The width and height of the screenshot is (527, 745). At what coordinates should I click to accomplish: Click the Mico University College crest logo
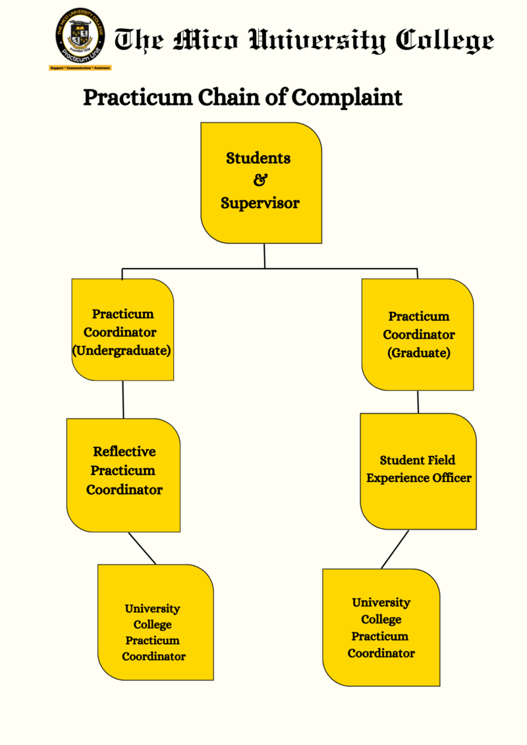pos(79,35)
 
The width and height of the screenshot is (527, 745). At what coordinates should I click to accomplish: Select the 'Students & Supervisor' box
pos(261,182)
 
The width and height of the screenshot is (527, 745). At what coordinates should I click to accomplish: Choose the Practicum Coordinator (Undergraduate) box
pos(123,329)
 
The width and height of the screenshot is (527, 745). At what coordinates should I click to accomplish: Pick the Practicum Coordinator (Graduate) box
pos(418,334)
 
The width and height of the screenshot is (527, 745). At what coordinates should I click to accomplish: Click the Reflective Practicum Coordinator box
pos(123,474)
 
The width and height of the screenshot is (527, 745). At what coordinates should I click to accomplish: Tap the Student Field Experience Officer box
pos(418,470)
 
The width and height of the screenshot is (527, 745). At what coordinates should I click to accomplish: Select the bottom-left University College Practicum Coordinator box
pos(155,622)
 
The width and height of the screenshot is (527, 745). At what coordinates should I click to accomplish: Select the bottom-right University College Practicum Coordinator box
pos(381,627)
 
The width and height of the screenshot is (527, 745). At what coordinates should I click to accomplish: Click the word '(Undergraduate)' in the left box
pos(122,350)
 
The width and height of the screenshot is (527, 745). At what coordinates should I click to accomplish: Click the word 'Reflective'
pos(125,452)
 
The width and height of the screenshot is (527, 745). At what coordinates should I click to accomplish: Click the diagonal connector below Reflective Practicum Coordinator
pos(142,548)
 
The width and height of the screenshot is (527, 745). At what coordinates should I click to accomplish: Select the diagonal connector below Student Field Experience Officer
pos(395,549)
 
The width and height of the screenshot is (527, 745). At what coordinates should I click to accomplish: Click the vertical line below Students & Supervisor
pos(264,256)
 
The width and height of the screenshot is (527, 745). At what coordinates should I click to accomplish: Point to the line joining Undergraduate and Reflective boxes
pos(123,399)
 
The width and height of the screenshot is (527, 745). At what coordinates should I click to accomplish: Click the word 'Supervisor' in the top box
pos(260,204)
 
